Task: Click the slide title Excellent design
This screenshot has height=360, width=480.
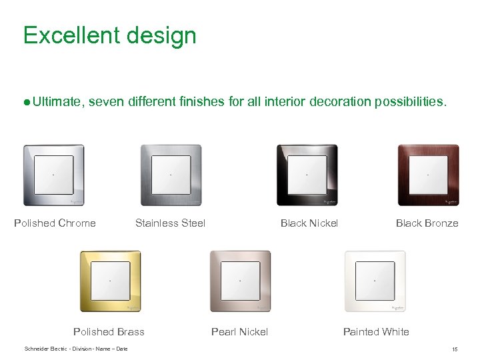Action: click(x=109, y=35)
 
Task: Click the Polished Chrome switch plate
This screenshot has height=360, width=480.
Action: click(x=53, y=175)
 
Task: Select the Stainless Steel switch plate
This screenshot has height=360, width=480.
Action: click(x=171, y=175)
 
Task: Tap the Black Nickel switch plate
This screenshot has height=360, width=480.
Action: click(x=307, y=175)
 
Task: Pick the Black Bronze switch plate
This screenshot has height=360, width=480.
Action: click(x=428, y=175)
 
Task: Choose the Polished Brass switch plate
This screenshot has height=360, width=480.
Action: click(x=111, y=281)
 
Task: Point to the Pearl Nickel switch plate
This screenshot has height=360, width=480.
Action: click(x=240, y=281)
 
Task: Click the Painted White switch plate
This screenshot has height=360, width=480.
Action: click(x=375, y=281)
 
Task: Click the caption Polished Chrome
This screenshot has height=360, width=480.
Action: click(x=55, y=223)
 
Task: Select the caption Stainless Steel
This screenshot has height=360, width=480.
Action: click(x=170, y=223)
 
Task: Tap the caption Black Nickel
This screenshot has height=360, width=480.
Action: click(x=309, y=223)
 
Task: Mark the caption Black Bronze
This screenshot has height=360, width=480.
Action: click(x=427, y=223)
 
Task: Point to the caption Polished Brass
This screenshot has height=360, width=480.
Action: click(x=109, y=332)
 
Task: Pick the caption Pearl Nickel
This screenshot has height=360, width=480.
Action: click(x=239, y=332)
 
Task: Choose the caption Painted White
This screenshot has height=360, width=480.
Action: click(x=376, y=332)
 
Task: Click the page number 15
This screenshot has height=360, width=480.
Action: click(x=454, y=349)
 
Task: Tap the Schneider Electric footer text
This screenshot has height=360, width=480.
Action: click(x=75, y=349)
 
